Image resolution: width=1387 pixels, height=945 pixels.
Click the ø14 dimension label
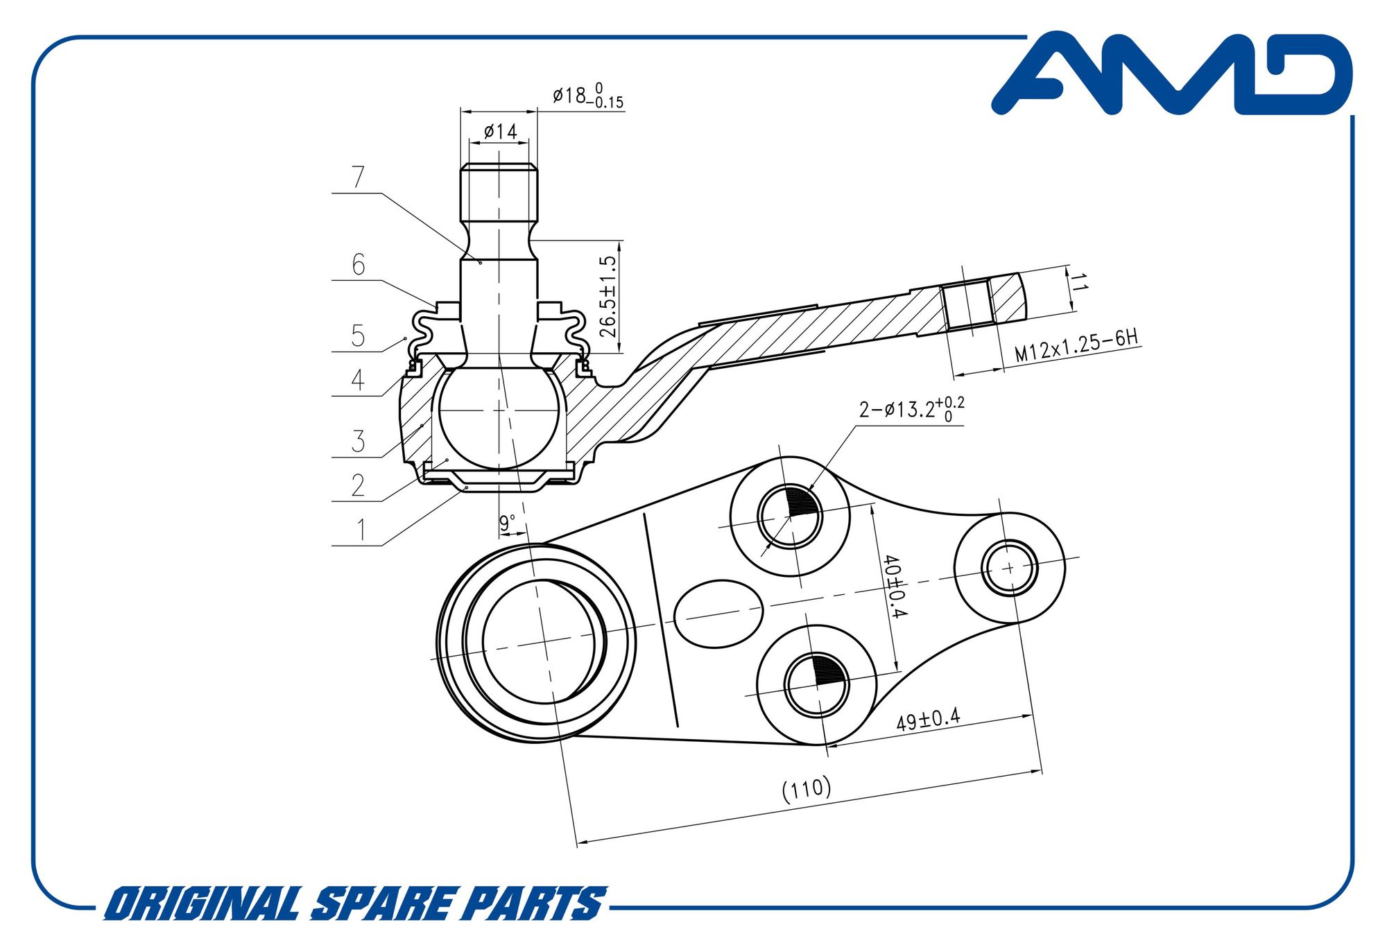click(500, 131)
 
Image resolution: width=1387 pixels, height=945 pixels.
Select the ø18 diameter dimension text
click(587, 96)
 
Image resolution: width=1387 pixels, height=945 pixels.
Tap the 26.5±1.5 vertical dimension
click(608, 297)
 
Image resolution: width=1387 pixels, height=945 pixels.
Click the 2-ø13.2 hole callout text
click(911, 409)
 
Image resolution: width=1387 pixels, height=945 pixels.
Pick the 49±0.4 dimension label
click(928, 720)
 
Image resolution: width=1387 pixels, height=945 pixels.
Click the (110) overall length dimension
click(806, 789)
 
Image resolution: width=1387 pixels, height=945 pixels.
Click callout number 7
click(358, 177)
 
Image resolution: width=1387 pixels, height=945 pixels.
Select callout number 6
click(358, 265)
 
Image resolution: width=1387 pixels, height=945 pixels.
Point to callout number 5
click(358, 336)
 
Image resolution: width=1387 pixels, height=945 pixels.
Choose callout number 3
click(358, 441)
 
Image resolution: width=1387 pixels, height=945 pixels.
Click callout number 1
click(360, 530)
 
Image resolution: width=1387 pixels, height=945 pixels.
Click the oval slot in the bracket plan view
click(718, 614)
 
